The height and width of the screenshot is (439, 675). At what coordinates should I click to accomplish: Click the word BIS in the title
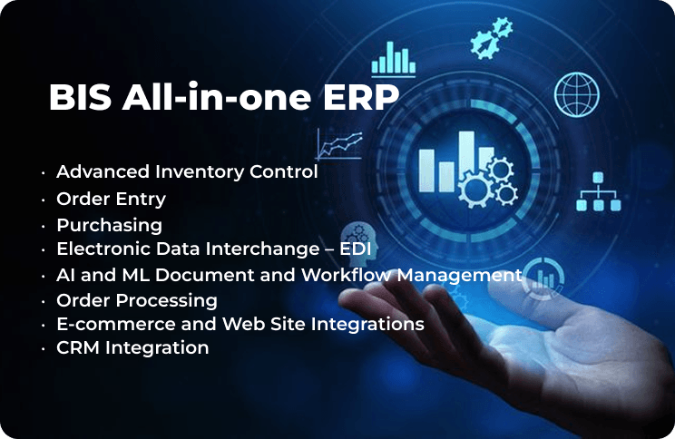[80, 97]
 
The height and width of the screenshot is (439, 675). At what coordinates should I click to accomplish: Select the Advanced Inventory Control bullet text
[187, 171]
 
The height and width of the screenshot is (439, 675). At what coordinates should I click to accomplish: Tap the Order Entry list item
[111, 200]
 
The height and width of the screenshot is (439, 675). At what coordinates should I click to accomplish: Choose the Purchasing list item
[110, 226]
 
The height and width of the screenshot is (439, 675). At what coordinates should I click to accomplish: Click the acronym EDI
[356, 249]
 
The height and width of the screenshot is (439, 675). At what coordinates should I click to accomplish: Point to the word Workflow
[347, 275]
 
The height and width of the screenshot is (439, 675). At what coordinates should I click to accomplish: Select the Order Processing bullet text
[137, 301]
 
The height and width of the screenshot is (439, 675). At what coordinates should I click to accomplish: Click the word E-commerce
[116, 324]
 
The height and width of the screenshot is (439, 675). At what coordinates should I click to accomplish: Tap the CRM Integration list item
[132, 347]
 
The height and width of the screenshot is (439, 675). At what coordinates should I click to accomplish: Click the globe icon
[577, 94]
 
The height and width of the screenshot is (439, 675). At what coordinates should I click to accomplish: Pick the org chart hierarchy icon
[599, 192]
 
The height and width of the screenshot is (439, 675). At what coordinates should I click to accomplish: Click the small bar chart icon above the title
[394, 59]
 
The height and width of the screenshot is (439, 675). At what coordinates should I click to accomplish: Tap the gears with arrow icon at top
[491, 38]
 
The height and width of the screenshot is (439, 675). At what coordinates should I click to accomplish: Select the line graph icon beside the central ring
[339, 143]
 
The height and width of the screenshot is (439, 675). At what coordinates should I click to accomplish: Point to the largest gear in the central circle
[474, 189]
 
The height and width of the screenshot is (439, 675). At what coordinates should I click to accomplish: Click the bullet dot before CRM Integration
[43, 348]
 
